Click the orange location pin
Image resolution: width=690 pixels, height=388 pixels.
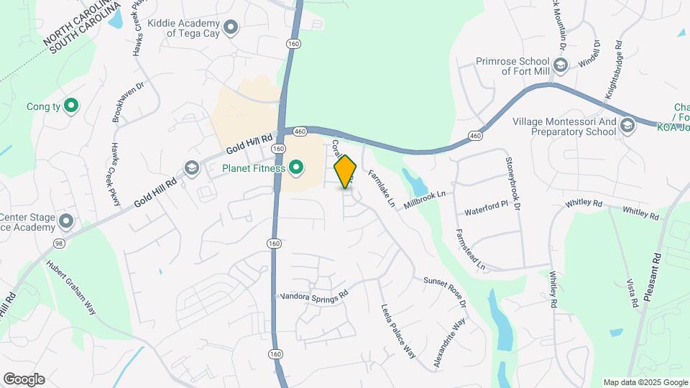pos(346,171)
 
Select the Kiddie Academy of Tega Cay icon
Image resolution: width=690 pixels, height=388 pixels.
pos(231,28)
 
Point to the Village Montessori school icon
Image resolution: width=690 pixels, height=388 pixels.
pos(627,126)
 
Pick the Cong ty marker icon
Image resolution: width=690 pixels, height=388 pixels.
pos(70,107)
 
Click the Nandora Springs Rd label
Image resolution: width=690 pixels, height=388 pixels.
pos(313,295)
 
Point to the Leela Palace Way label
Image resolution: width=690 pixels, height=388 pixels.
pos(398,331)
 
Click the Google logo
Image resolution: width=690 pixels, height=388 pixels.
pos(24,379)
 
